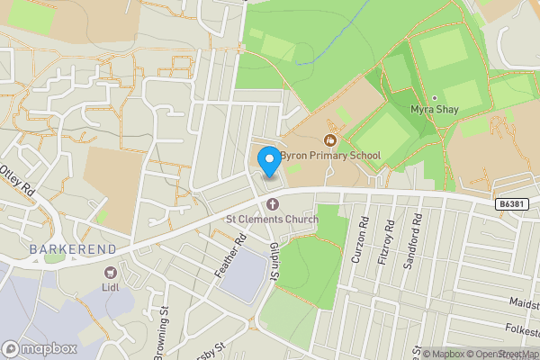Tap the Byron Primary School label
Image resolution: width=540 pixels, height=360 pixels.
coord(330,156)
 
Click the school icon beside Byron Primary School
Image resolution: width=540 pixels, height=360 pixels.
coord(330,139)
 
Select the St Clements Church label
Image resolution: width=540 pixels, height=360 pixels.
coord(272,219)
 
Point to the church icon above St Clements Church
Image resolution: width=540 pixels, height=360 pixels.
coord(272,204)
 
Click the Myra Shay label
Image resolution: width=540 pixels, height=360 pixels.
coord(434,110)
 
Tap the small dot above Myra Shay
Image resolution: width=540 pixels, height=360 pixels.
coord(434,97)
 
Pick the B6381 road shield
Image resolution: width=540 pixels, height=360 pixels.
coord(510,205)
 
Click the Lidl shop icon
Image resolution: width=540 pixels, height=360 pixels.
coord(111,272)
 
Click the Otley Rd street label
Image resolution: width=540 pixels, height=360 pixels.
coord(16,178)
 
